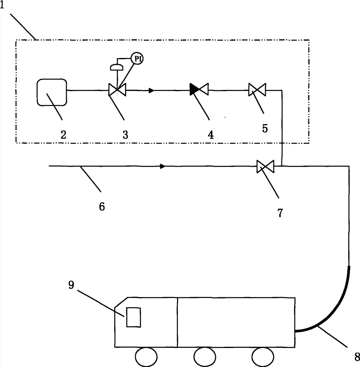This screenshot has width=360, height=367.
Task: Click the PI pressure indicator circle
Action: (137, 58)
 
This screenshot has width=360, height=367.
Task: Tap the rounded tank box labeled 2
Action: (52, 92)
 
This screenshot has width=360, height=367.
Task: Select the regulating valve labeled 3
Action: (117, 90)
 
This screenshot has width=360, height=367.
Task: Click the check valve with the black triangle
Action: (199, 90)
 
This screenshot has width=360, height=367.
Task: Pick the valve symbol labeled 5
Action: (257, 90)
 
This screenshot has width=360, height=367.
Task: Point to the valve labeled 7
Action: (265, 166)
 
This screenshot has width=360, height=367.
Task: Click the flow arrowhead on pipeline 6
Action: (163, 166)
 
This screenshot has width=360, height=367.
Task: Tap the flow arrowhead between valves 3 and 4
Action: (151, 90)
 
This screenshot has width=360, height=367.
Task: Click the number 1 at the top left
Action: (2, 5)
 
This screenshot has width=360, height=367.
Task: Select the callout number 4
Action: (211, 135)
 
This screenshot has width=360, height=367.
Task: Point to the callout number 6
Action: (102, 207)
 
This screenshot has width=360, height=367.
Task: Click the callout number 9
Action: (71, 285)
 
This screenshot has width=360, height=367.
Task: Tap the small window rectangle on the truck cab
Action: (133, 317)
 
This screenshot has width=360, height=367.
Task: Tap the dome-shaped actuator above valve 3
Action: (117, 68)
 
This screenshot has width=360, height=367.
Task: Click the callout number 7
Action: (280, 213)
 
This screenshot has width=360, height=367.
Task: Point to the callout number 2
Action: (63, 135)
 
